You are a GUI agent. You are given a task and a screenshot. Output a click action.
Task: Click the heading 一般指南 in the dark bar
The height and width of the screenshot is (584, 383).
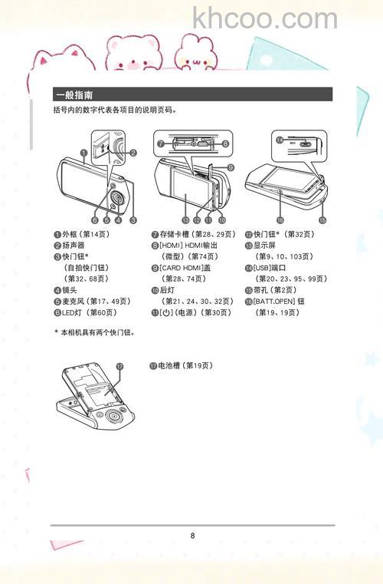(74, 95)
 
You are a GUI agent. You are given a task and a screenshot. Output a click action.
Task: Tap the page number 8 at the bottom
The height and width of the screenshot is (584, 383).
(193, 536)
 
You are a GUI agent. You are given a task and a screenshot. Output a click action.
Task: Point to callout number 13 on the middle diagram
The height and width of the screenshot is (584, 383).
(185, 219)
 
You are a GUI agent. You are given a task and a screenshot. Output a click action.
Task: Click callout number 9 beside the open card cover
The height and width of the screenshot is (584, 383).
(231, 167)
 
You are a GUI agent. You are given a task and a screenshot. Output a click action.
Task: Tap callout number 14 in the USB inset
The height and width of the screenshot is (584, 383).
(280, 140)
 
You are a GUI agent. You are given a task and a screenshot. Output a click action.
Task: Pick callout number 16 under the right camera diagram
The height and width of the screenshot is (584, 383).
(280, 219)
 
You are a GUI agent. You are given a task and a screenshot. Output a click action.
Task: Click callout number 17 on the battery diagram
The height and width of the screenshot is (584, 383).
(119, 367)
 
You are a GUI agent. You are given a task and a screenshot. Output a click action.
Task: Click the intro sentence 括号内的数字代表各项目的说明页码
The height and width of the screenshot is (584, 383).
(115, 111)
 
